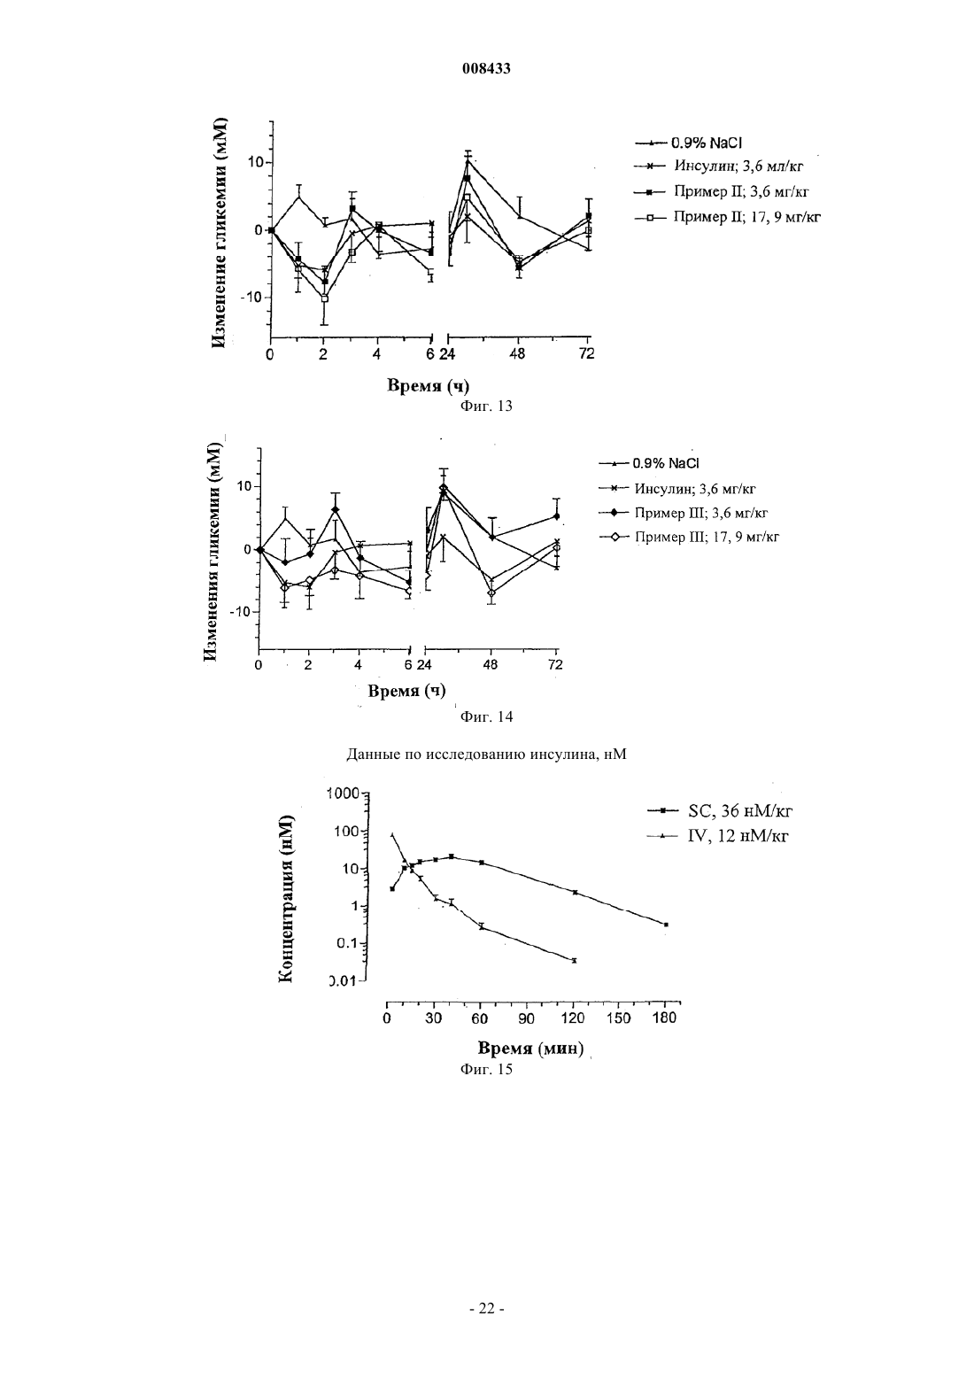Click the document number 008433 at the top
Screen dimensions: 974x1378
pos(486,69)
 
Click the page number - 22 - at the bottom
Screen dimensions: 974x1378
pos(486,1308)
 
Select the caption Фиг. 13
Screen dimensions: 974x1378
pos(486,406)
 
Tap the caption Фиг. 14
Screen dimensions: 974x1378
pos(486,716)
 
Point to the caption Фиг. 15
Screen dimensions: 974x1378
pos(486,1069)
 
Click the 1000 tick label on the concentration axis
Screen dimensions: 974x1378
pos(344,794)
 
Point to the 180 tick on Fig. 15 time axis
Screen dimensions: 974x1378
pos(664,1018)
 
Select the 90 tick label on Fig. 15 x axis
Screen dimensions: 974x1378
pos(526,1018)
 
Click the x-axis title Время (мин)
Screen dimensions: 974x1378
pos(530,1049)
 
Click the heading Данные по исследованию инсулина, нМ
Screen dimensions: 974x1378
pos(486,755)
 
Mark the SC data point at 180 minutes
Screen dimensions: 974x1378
pos(666,925)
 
